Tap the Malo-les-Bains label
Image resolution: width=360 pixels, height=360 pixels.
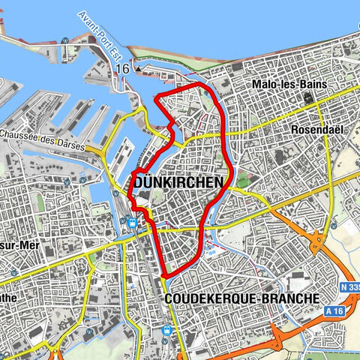289,84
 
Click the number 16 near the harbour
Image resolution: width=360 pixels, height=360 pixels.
123,68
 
